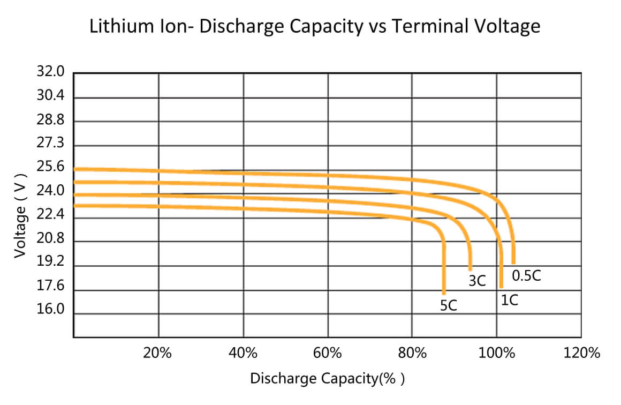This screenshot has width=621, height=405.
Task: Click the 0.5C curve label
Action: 526,275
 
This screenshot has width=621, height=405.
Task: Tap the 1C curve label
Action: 509,300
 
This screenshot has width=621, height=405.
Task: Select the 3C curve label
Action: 477,281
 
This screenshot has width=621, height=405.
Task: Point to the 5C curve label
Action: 448,305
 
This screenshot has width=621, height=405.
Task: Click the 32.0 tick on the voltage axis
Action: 50,71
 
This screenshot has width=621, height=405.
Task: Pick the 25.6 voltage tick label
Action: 50,167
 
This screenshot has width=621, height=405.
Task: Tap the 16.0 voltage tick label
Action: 50,309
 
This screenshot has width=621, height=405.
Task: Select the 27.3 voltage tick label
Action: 50,142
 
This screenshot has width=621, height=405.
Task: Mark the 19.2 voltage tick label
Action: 50,261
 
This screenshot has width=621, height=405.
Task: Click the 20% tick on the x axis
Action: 157,352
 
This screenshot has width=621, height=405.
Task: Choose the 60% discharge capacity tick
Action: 327,352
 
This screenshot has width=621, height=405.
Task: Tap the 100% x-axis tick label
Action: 497,352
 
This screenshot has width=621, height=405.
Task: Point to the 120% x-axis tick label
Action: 581,352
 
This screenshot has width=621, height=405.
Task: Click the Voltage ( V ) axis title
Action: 20,216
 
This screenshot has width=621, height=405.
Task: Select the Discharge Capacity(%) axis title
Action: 328,378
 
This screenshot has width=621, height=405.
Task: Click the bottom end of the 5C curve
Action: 444,293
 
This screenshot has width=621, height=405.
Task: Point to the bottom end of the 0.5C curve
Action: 514,262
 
